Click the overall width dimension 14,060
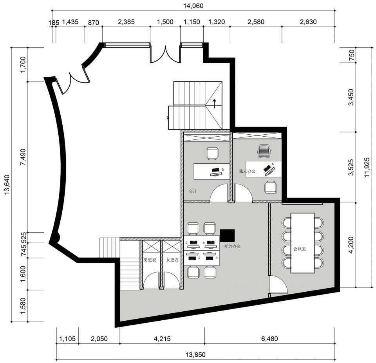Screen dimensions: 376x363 pyautogui.click(x=193, y=6)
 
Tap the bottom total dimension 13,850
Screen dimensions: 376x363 pyautogui.click(x=195, y=355)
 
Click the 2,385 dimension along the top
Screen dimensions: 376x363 pyautogui.click(x=127, y=22)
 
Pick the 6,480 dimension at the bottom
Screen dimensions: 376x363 pyautogui.click(x=269, y=339)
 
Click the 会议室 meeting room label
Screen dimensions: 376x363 pyautogui.click(x=300, y=249)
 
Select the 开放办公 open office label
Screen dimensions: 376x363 pyautogui.click(x=232, y=246)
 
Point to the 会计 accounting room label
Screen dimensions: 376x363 pyautogui.click(x=193, y=191)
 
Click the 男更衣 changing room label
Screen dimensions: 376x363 pyautogui.click(x=150, y=260)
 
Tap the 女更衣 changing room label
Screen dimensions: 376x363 pyautogui.click(x=172, y=260)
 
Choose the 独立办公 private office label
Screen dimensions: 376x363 pyautogui.click(x=247, y=171)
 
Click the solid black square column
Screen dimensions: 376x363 pyautogui.click(x=227, y=235)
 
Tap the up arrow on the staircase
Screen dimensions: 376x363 pyautogui.click(x=214, y=104)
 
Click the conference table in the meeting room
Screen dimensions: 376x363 pyautogui.click(x=303, y=243)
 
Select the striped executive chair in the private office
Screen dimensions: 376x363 pyautogui.click(x=264, y=151)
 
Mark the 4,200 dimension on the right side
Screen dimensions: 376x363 pyautogui.click(x=351, y=245)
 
